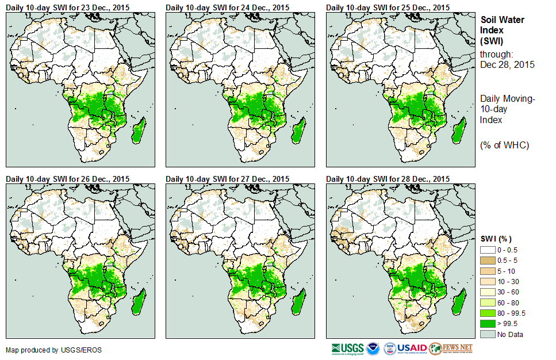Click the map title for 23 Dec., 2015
pyautogui.click(x=67, y=7)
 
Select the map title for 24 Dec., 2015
pyautogui.click(x=228, y=7)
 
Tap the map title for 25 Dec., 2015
pyautogui.click(x=388, y=7)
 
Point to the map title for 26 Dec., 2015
pyautogui.click(x=67, y=178)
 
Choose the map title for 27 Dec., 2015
pyautogui.click(x=228, y=178)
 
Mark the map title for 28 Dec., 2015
pyautogui.click(x=388, y=178)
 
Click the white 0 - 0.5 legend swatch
pyautogui.click(x=488, y=250)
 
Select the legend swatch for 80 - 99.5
pyautogui.click(x=488, y=313)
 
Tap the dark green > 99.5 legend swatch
pyautogui.click(x=488, y=324)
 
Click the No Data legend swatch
pyautogui.click(x=488, y=334)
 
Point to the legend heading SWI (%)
pyautogui.click(x=496, y=239)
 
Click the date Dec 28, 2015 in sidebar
pyautogui.click(x=507, y=64)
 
